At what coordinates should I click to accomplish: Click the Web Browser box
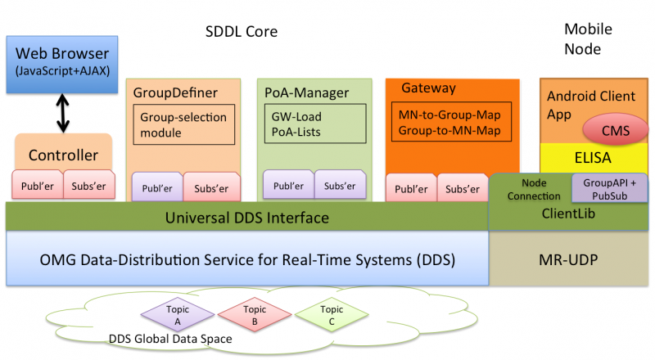(62, 63)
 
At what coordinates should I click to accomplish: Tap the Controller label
(63, 155)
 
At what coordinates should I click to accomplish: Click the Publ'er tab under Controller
(36, 185)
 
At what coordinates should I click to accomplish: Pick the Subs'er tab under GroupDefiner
(211, 187)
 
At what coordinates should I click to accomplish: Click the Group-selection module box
(183, 124)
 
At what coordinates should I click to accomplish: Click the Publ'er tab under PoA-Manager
(288, 186)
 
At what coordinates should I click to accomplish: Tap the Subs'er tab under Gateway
(462, 187)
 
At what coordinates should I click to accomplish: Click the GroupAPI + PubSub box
(609, 188)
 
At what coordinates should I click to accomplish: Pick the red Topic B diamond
(254, 315)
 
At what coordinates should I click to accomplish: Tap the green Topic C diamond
(331, 315)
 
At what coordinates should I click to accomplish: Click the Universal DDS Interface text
(246, 218)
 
